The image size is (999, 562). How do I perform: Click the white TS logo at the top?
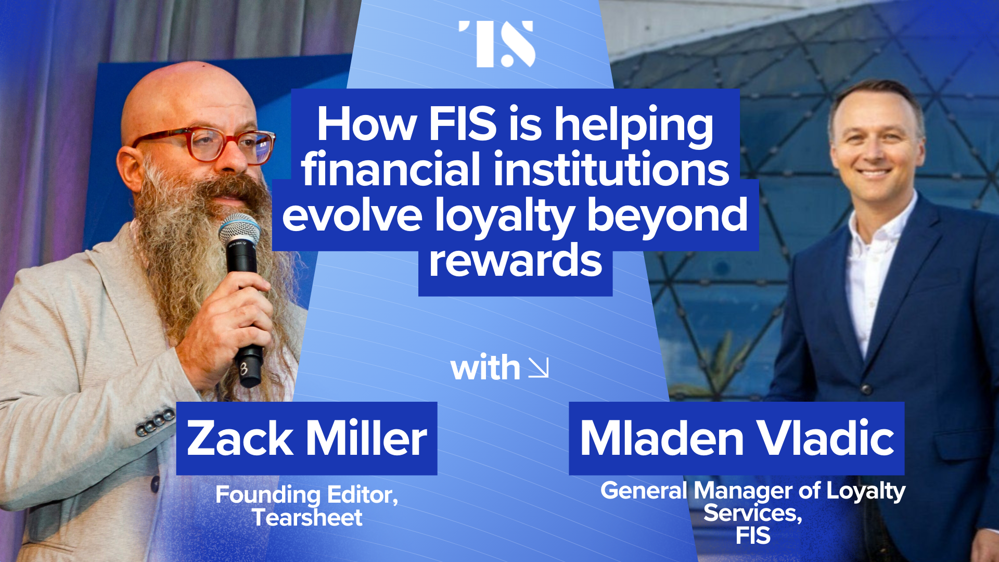[497, 44]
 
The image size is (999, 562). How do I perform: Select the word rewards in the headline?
[515, 261]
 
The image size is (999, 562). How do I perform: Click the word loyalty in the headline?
[504, 215]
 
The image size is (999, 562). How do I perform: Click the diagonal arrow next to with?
[539, 367]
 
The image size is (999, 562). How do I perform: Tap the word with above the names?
[485, 367]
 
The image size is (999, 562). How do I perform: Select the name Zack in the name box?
[240, 438]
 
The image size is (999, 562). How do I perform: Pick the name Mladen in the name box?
[661, 438]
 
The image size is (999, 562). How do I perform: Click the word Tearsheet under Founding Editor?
[307, 518]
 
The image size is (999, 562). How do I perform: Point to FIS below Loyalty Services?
[752, 536]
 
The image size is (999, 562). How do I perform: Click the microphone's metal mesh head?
[239, 228]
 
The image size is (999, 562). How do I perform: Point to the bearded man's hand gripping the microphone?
[234, 312]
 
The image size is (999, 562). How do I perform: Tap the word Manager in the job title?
[744, 491]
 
